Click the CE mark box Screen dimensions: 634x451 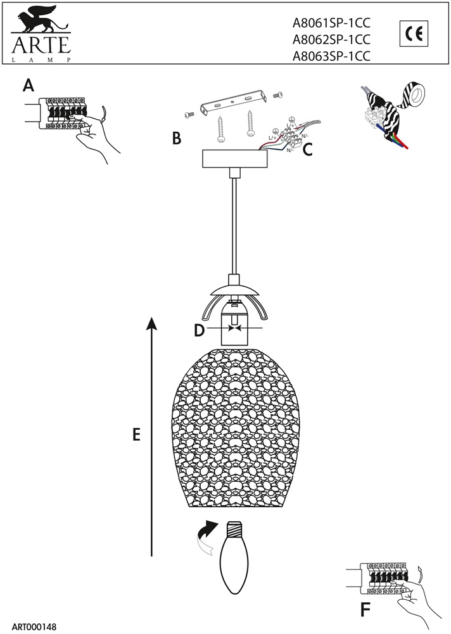tap(414, 33)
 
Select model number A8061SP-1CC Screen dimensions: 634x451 tap(331, 23)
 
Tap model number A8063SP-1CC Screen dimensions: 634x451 tap(331, 56)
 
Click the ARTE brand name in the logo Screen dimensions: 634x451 tap(39, 45)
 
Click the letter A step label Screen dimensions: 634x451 tap(27, 85)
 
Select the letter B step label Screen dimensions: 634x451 tap(177, 138)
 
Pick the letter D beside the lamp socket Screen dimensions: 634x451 tap(199, 330)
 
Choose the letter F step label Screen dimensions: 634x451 tap(365, 609)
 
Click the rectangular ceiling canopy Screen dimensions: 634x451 tap(234, 158)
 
